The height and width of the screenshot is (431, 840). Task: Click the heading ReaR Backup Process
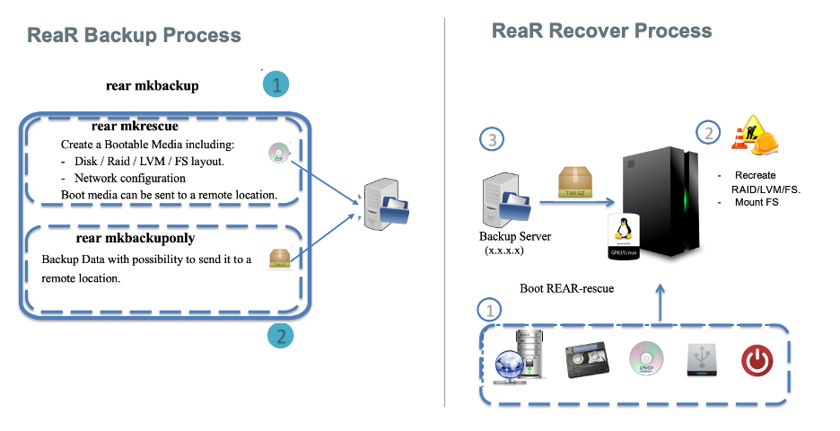[134, 36]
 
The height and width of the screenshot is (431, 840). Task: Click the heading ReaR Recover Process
[601, 31]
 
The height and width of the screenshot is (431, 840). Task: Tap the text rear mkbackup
[152, 86]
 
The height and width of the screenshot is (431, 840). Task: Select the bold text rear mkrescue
[135, 127]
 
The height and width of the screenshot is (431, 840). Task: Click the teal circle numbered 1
[276, 85]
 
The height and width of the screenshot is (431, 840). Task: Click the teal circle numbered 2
[281, 337]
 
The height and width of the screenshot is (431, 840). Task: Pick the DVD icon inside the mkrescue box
[277, 154]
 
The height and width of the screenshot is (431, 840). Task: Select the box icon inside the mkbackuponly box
[279, 259]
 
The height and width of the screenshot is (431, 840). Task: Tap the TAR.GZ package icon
[574, 181]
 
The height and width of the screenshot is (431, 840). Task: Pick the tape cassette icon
[583, 362]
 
